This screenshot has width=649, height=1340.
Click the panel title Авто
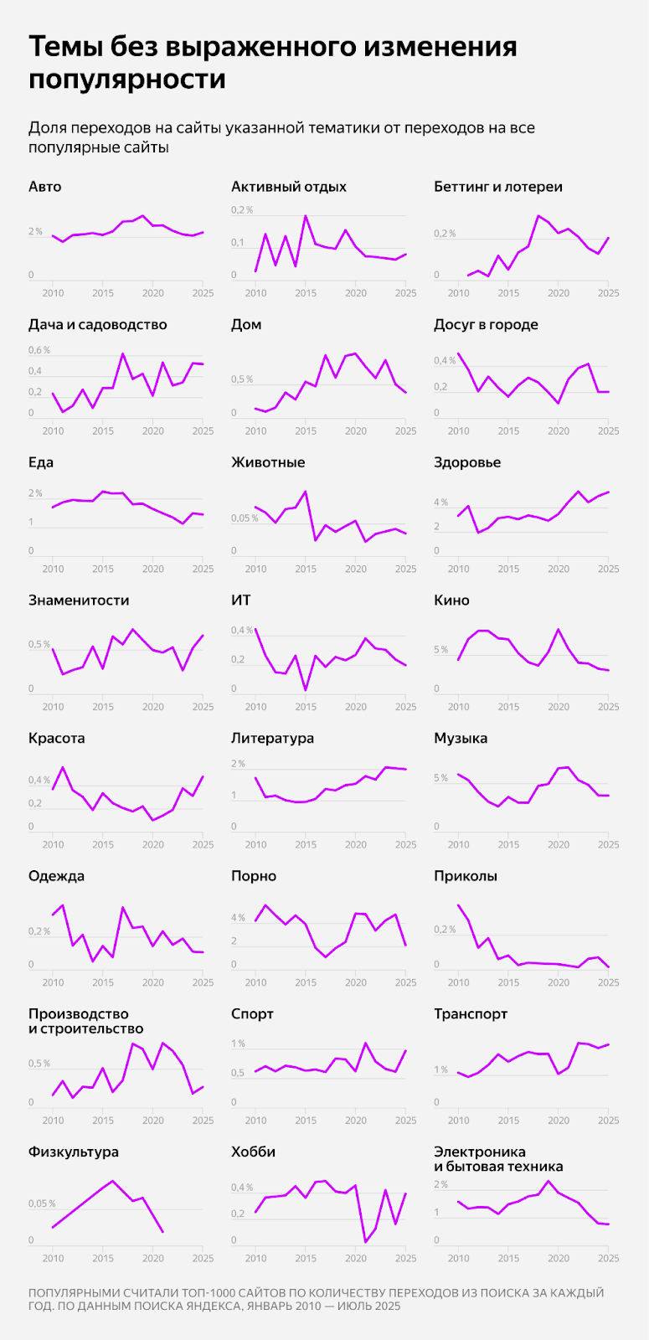coord(44,187)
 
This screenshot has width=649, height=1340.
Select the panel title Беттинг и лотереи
coord(497,187)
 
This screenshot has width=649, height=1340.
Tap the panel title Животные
coord(268,462)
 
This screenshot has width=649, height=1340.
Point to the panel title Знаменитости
coord(79,600)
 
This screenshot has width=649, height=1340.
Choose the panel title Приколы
coord(466,876)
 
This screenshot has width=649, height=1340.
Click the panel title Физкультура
coord(74,1152)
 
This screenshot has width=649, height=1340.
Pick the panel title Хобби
coord(253,1152)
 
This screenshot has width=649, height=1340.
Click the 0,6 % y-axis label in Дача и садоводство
coord(39,350)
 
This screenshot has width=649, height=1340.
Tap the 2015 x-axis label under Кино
coord(508,707)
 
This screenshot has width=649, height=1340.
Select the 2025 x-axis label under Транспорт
coord(608,1121)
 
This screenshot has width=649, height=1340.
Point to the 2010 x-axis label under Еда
coord(53,569)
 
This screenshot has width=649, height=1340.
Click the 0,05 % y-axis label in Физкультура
coord(42,1203)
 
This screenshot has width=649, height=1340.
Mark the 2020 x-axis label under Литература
coord(356,845)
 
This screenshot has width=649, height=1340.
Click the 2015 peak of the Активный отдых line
coord(306,215)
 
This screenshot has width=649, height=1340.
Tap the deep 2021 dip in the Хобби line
coord(366,1241)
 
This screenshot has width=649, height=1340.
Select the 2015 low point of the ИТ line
coord(306,690)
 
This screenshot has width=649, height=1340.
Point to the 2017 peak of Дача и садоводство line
coord(123,353)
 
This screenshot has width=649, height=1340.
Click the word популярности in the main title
coord(127,80)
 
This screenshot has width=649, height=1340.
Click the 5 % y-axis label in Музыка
coord(440,778)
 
